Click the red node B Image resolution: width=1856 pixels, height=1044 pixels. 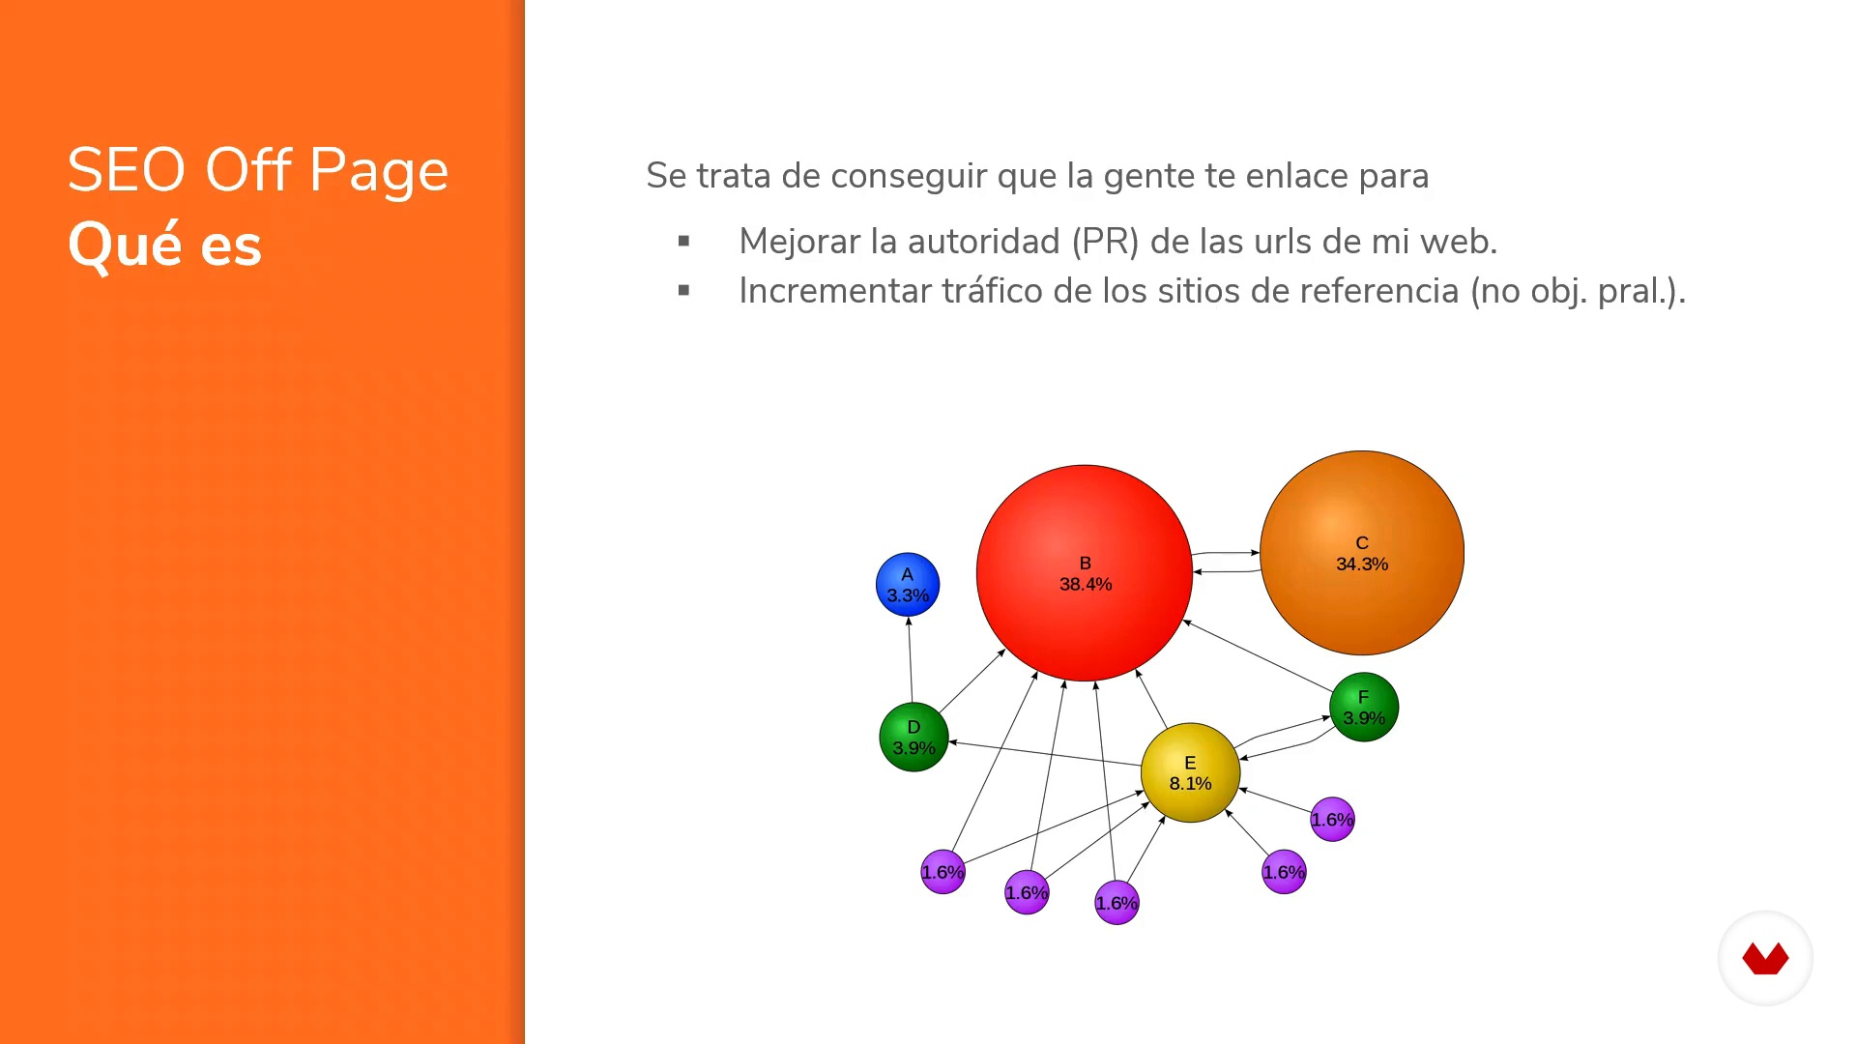pos(1085,573)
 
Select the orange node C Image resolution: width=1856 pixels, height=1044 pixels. pos(1362,553)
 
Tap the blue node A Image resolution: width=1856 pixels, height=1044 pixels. pos(908,585)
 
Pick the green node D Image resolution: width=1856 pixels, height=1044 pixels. pos(913,737)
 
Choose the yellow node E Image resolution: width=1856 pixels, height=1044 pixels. pos(1190,772)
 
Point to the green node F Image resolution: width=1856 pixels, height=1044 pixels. pos(1364,707)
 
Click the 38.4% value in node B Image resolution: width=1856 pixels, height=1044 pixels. pos(1086,584)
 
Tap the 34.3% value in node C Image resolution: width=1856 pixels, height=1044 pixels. pos(1362,564)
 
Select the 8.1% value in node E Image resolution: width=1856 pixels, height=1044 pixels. pos(1190,783)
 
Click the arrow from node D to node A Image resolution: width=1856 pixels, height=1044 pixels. pos(911,659)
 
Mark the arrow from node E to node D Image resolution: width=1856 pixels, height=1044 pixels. pos(1045,754)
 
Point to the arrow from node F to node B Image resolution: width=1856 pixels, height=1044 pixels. pos(1258,655)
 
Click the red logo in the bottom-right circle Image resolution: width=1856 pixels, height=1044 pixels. pos(1765,959)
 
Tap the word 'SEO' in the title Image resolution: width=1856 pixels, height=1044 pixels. pos(127,170)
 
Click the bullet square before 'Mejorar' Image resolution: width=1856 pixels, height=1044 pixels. pos(684,241)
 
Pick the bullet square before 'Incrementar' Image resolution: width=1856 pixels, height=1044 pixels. pos(684,290)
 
